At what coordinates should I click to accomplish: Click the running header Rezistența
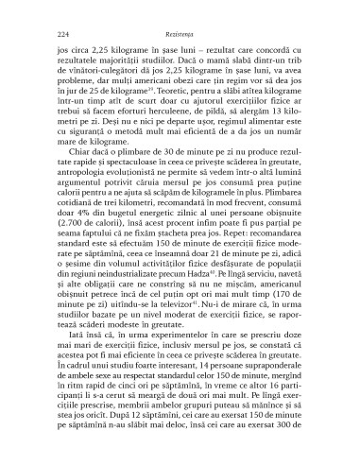tap(180, 31)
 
